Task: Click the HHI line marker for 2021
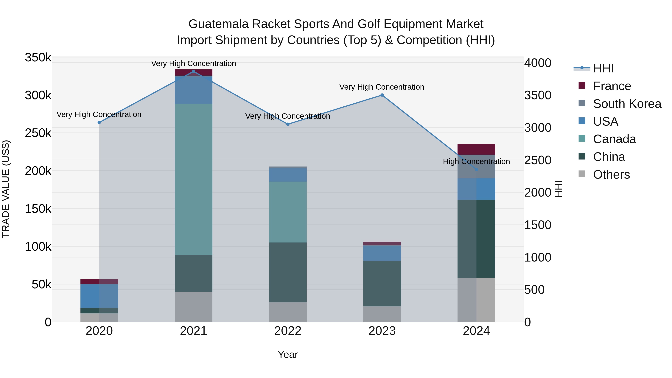[193, 71]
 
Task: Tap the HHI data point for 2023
[382, 95]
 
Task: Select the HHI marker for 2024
[476, 169]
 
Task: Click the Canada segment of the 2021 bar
[193, 179]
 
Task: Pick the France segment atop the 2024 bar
[476, 149]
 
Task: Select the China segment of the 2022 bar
[288, 272]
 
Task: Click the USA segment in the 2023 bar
[382, 253]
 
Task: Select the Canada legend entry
[614, 139]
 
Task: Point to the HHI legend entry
[603, 68]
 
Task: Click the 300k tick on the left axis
[38, 95]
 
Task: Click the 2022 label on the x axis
[288, 331]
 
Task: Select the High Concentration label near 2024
[476, 161]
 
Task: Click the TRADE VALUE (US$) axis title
[6, 189]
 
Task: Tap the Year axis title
[288, 354]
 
